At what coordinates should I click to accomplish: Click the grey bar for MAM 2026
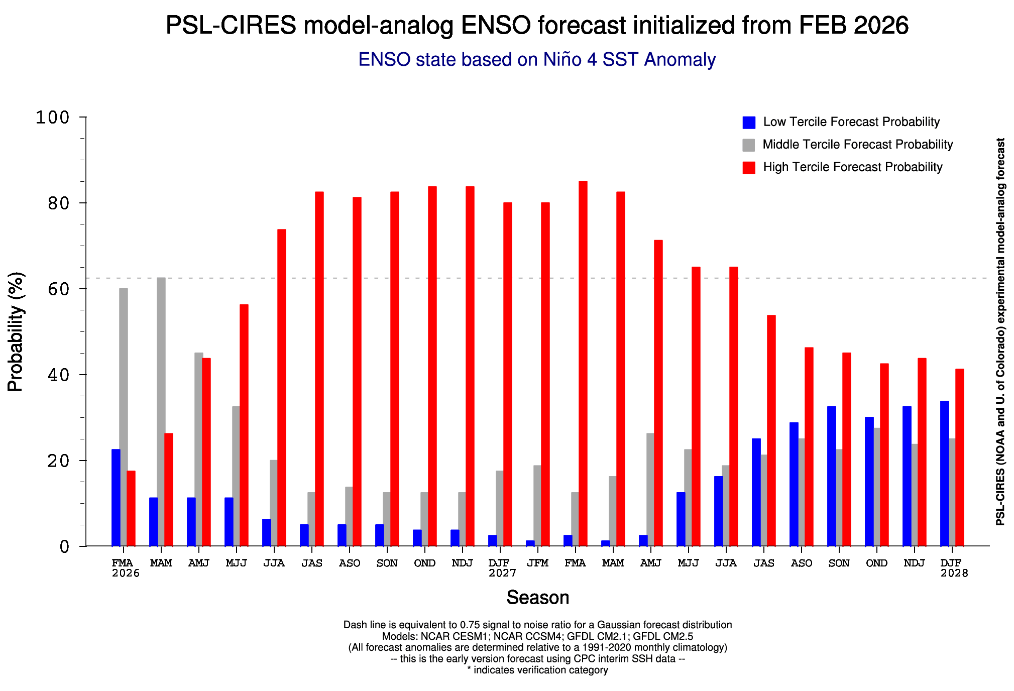pyautogui.click(x=161, y=412)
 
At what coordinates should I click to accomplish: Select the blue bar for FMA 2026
pyautogui.click(x=116, y=497)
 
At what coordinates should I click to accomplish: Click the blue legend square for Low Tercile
pyautogui.click(x=749, y=123)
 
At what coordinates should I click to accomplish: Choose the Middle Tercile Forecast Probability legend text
pyautogui.click(x=857, y=145)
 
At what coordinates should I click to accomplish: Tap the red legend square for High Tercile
pyautogui.click(x=749, y=168)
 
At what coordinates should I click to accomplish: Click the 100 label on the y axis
pyautogui.click(x=52, y=118)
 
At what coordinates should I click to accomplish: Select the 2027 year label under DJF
pyautogui.click(x=502, y=573)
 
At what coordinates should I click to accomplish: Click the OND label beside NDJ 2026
pyautogui.click(x=425, y=563)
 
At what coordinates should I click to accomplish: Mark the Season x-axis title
pyautogui.click(x=537, y=598)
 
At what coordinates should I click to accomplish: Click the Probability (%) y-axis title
pyautogui.click(x=16, y=331)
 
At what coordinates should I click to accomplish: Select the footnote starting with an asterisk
pyautogui.click(x=537, y=670)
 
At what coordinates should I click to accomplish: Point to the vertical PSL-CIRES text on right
pyautogui.click(x=1000, y=331)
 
